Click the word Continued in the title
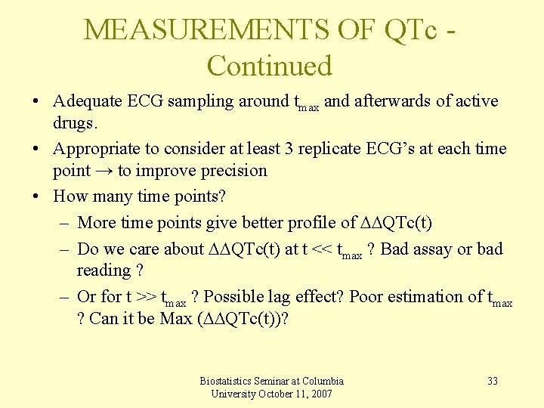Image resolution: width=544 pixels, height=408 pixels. (x=270, y=66)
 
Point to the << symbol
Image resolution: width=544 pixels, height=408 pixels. (x=322, y=249)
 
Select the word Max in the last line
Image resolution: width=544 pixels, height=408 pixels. (x=176, y=319)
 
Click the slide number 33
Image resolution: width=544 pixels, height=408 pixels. (x=493, y=381)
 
